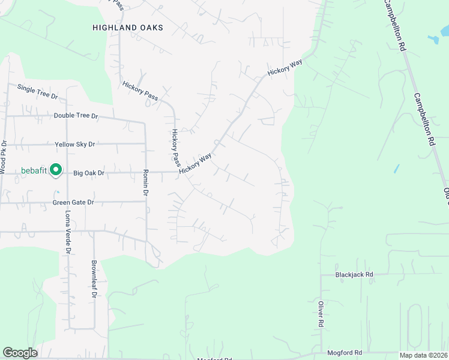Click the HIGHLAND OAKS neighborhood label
128,28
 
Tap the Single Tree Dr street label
37,92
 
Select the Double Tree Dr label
76,116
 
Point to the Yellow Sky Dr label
75,145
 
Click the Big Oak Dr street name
89,173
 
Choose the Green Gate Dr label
74,202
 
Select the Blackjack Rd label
354,274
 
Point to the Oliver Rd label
321,313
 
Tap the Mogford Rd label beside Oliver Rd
345,353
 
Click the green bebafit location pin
56,170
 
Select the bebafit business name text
34,170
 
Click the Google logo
20,353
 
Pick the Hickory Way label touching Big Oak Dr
196,163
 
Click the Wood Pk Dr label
4,158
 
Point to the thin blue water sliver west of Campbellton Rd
396,169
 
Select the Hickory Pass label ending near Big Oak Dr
176,148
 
